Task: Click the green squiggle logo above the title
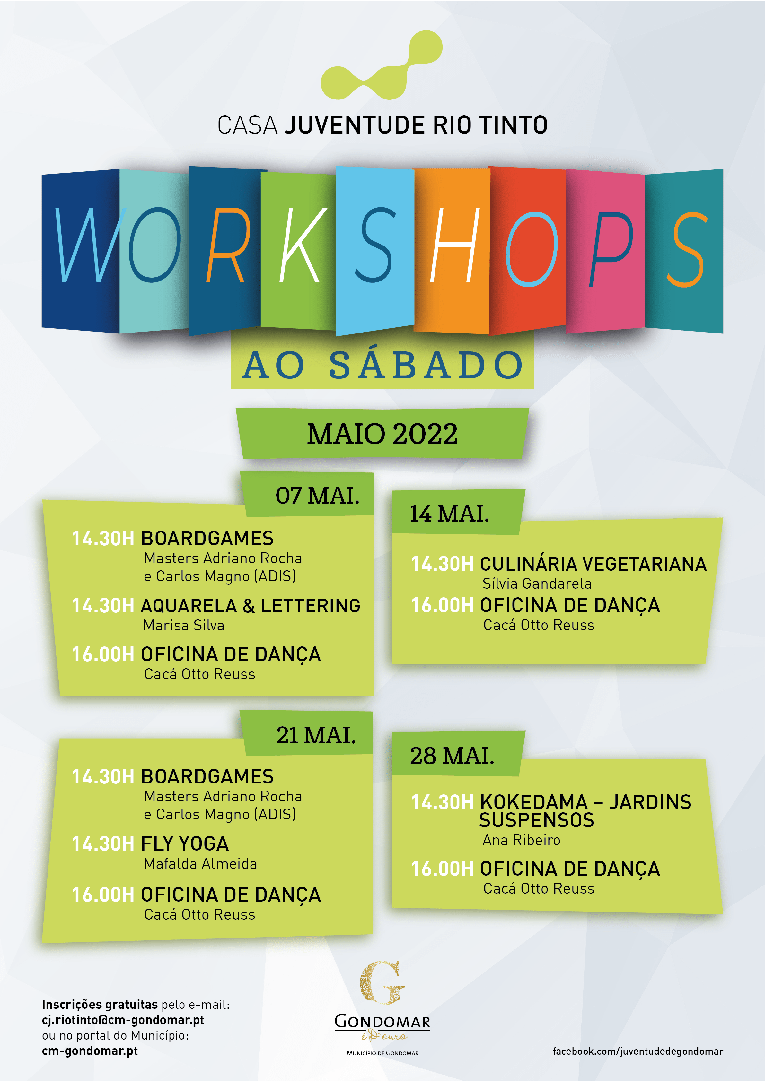click(382, 66)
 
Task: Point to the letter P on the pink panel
click(611, 249)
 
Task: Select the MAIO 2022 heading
click(382, 434)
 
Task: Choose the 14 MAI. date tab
click(449, 514)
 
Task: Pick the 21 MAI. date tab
click(316, 735)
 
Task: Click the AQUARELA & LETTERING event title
click(251, 606)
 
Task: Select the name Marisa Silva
click(184, 625)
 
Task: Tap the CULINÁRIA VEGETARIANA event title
click(593, 564)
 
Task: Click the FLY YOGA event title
click(185, 844)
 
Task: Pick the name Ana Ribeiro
click(522, 840)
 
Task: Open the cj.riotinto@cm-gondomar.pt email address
click(123, 1020)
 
